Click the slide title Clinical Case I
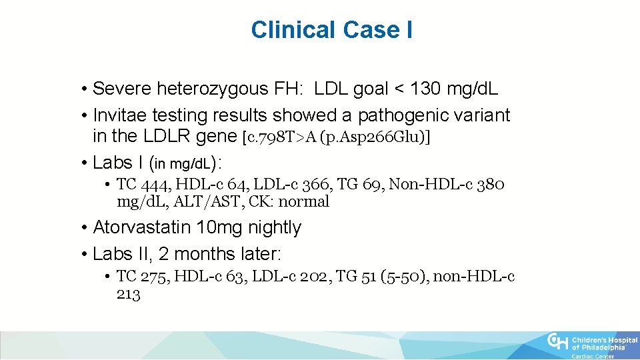pos(331,30)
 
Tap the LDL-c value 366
pos(320,185)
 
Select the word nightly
pos(275,227)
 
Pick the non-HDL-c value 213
pos(129,293)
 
